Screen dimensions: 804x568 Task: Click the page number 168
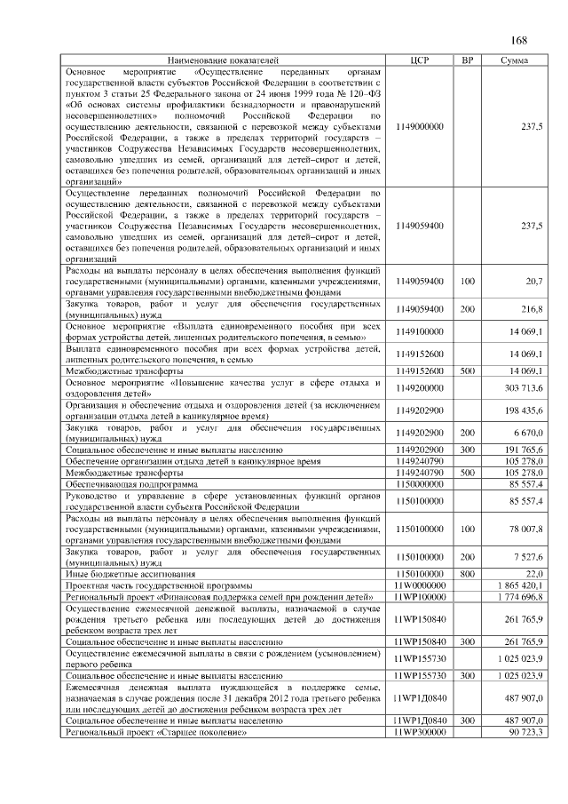pyautogui.click(x=519, y=39)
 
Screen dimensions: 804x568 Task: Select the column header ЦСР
pyautogui.click(x=421, y=60)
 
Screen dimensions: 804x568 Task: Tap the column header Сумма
pyautogui.click(x=515, y=60)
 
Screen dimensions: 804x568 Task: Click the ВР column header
pyautogui.click(x=467, y=60)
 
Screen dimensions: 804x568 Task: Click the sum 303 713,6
pyautogui.click(x=525, y=387)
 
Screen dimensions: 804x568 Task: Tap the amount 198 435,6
pyautogui.click(x=525, y=410)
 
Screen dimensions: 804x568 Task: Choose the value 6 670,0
pyautogui.click(x=527, y=432)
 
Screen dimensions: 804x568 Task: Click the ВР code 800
pyautogui.click(x=467, y=575)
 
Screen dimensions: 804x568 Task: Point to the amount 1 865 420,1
pyautogui.click(x=522, y=586)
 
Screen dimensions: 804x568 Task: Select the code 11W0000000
pyautogui.click(x=420, y=586)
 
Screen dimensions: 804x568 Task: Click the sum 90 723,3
pyautogui.click(x=526, y=731)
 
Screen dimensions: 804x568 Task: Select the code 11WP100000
pyautogui.click(x=420, y=597)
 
